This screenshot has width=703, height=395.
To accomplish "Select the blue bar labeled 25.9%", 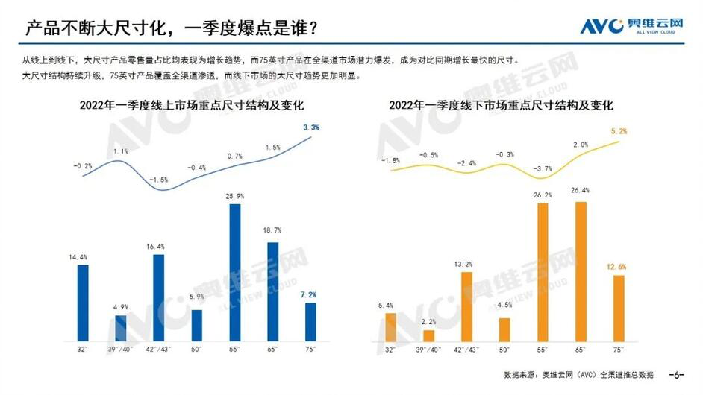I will (234, 271).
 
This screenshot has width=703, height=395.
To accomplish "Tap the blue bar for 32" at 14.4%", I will (82, 302).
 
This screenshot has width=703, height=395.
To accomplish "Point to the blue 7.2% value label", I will (310, 294).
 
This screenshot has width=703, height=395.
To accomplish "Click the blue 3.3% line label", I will (311, 127).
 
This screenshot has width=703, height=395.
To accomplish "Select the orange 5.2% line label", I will (619, 131).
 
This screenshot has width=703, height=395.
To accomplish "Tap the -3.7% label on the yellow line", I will (543, 168).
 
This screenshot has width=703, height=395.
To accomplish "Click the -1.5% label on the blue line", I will (158, 180).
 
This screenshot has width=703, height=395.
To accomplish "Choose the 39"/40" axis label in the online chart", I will (120, 349).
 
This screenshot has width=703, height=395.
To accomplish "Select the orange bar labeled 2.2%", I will (428, 335).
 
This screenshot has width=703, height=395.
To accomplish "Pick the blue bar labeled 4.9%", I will (120, 327).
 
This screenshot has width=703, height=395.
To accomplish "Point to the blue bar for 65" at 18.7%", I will (272, 291).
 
